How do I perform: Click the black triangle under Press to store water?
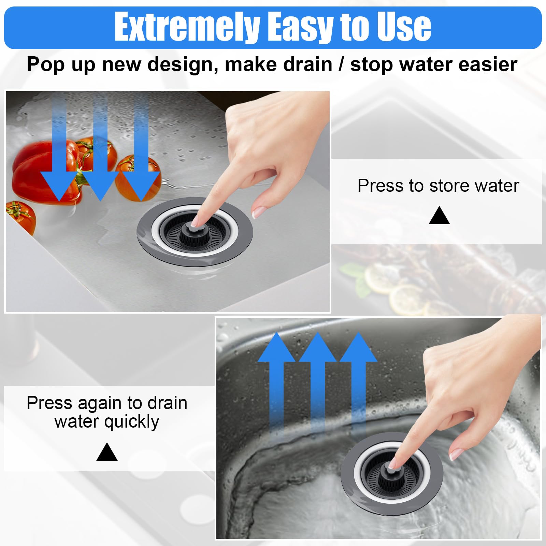click(x=439, y=216)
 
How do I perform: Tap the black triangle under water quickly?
click(x=107, y=452)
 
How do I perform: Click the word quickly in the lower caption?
click(x=131, y=422)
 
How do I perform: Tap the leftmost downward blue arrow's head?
click(x=60, y=186)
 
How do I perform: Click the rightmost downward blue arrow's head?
click(x=141, y=186)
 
